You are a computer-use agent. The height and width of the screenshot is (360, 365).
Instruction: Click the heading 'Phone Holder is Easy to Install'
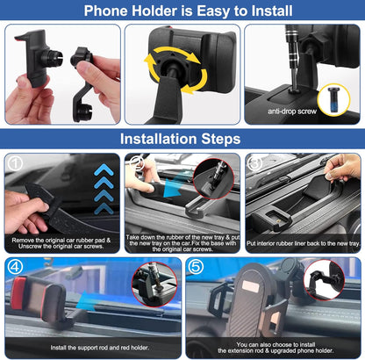tap(182, 11)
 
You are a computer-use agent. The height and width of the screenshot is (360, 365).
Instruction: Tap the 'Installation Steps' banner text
tap(182, 139)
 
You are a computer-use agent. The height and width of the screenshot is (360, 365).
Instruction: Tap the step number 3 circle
tap(256, 163)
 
